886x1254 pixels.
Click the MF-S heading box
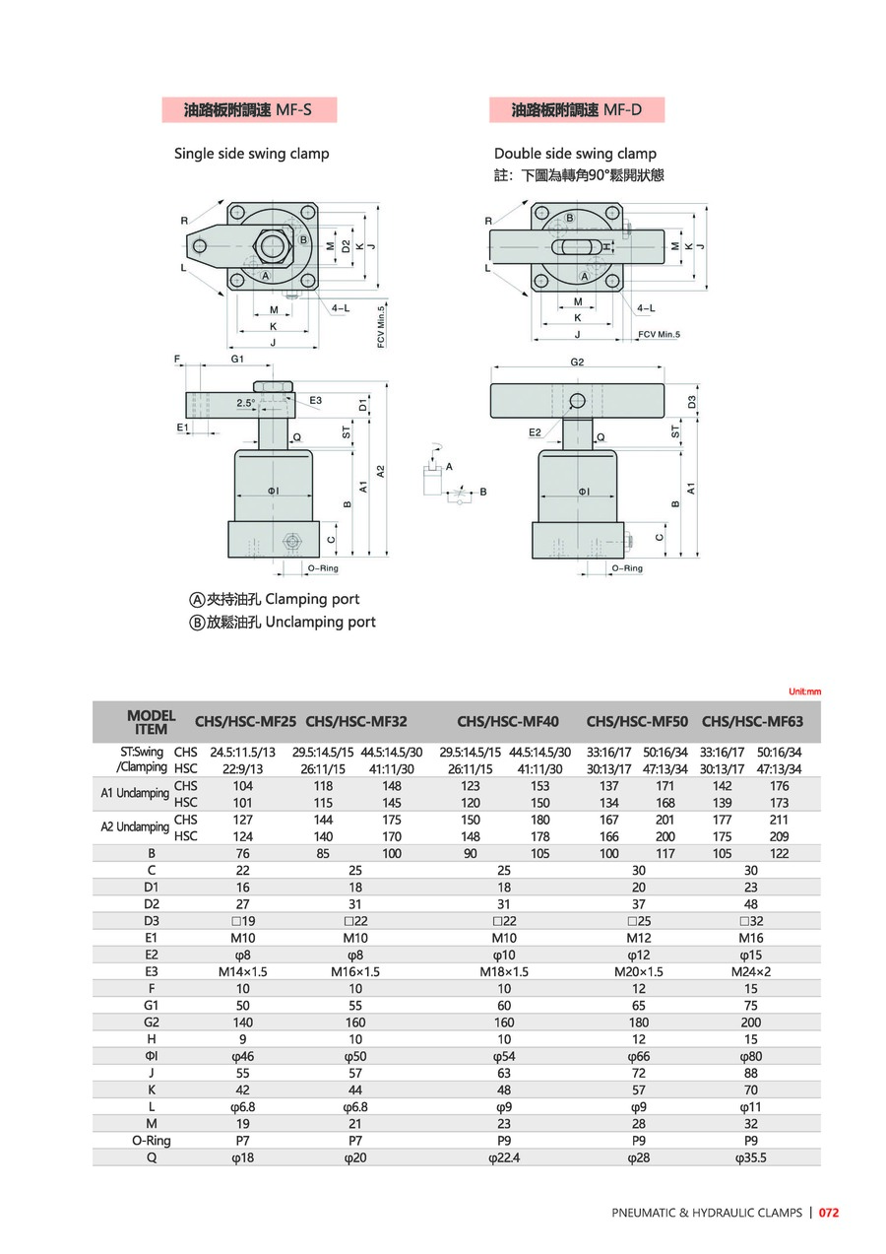pyautogui.click(x=249, y=110)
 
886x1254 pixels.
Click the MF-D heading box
pyautogui.click(x=576, y=110)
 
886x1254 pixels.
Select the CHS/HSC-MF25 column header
pyautogui.click(x=245, y=721)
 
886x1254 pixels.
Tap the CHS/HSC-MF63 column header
pyautogui.click(x=752, y=721)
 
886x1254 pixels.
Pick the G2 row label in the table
pyautogui.click(x=152, y=1023)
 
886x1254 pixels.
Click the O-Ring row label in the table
pyautogui.click(x=152, y=1141)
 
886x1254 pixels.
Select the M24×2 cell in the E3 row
pyautogui.click(x=752, y=971)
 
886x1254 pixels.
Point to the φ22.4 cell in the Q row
pyautogui.click(x=504, y=1157)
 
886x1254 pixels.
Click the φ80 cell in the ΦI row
pyautogui.click(x=752, y=1056)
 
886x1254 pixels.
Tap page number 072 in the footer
pyautogui.click(x=829, y=1213)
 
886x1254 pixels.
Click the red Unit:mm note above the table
pyautogui.click(x=804, y=692)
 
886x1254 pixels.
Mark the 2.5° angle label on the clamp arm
pyautogui.click(x=246, y=403)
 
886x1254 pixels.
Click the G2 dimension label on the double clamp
pyautogui.click(x=577, y=363)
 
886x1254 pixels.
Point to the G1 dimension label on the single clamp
pyautogui.click(x=237, y=361)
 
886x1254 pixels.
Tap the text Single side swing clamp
pyautogui.click(x=251, y=154)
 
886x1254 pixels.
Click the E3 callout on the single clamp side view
pyautogui.click(x=315, y=401)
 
